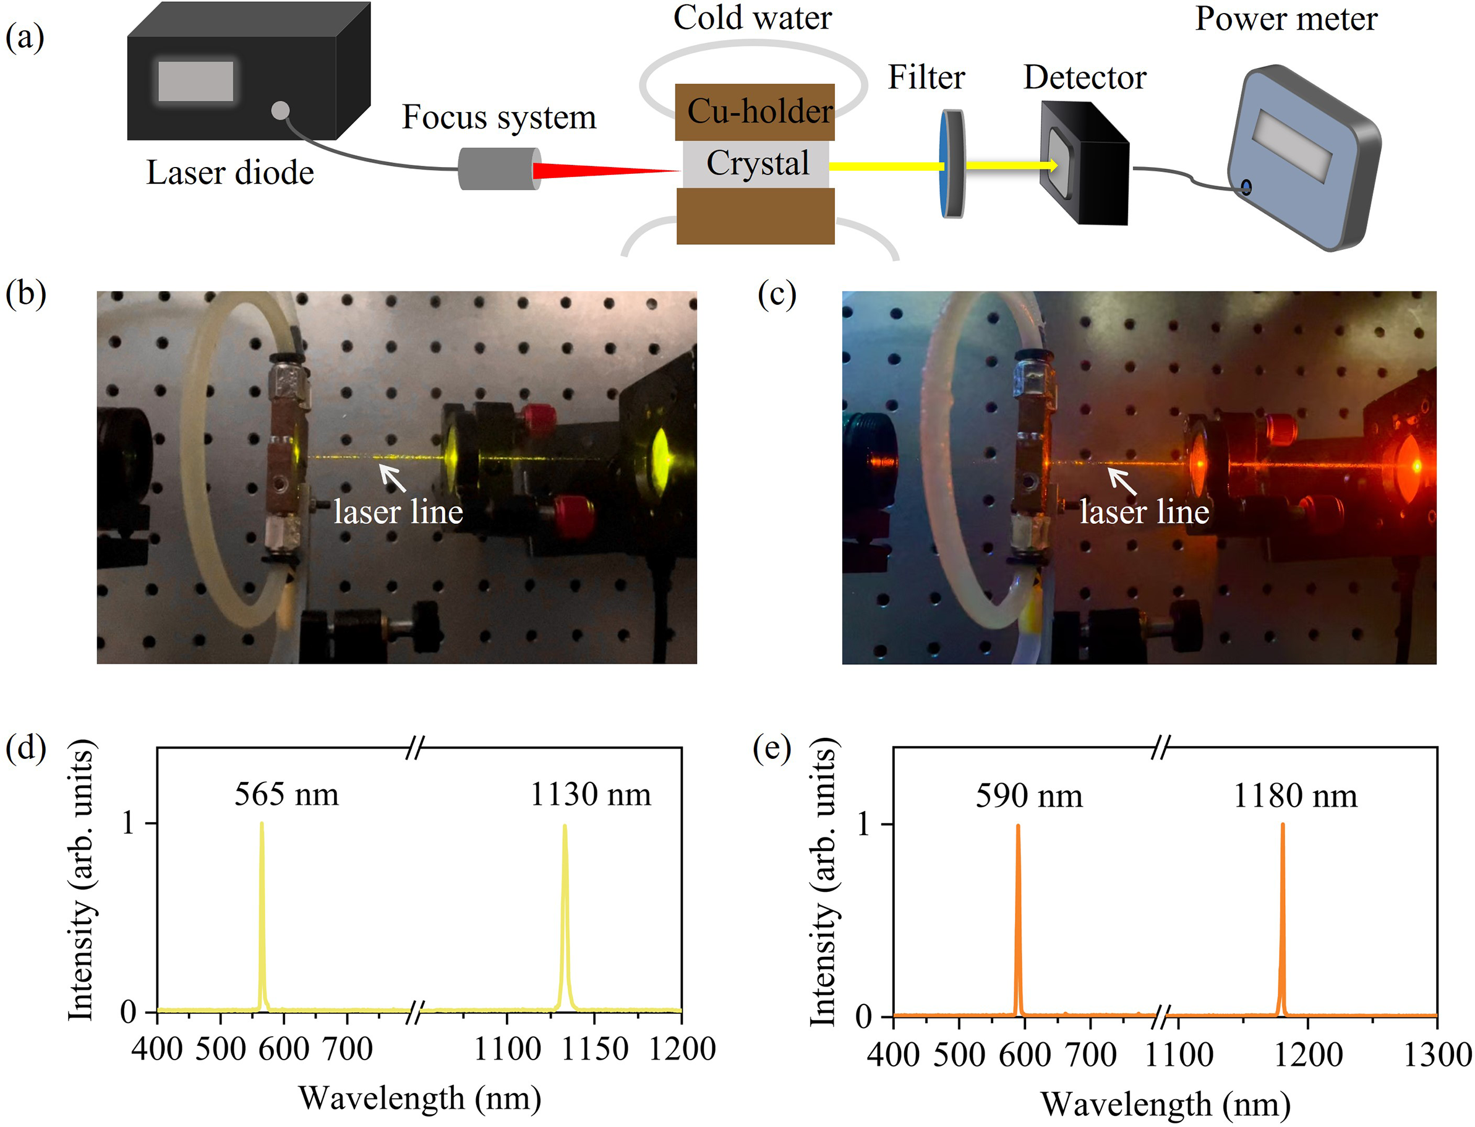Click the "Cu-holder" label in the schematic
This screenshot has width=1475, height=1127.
tap(760, 111)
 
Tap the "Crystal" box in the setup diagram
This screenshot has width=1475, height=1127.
tap(756, 164)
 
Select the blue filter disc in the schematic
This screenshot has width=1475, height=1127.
tap(952, 164)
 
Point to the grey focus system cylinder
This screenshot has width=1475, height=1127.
tap(497, 168)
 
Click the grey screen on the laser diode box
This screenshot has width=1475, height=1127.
tap(195, 81)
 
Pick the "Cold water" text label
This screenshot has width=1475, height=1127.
tap(752, 18)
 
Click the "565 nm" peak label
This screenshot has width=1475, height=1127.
tap(286, 795)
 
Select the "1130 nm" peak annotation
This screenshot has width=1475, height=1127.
tap(590, 795)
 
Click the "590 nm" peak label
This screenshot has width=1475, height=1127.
tap(1028, 796)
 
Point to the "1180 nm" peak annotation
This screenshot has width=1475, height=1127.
tap(1295, 796)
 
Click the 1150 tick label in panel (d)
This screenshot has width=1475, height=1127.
tap(594, 1049)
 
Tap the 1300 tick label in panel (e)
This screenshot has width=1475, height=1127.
tap(1437, 1055)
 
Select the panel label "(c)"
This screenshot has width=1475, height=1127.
tap(777, 294)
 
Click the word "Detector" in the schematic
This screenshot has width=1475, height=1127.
tap(1085, 78)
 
